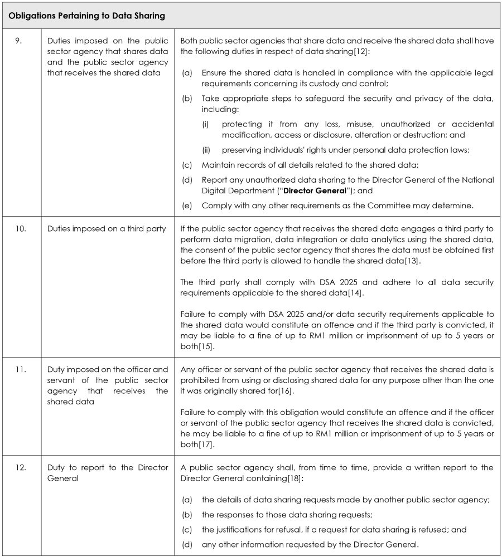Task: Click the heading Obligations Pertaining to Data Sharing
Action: coord(86,16)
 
